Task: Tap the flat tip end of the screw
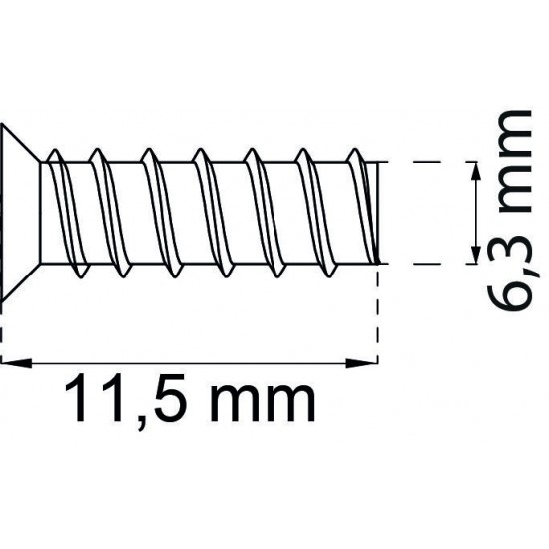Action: [x=380, y=212]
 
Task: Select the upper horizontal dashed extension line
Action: [x=424, y=160]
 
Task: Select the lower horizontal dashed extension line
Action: [x=424, y=264]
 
